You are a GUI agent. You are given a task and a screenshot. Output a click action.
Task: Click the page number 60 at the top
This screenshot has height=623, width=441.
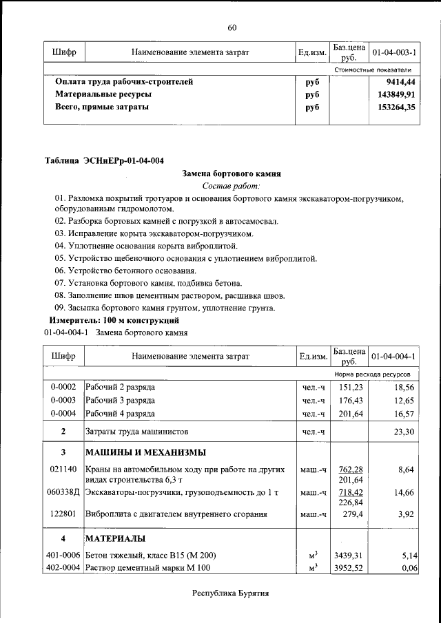pos(232,28)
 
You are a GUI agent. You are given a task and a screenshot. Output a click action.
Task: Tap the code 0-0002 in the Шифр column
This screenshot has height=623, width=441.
pos(63,388)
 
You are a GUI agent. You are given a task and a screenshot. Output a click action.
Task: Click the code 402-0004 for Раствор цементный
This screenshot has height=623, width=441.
pos(63,568)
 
